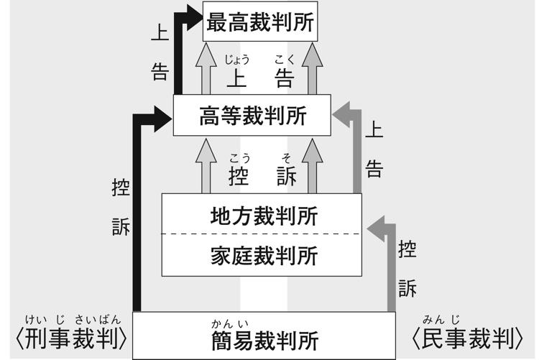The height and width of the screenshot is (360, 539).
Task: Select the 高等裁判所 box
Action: tap(252, 115)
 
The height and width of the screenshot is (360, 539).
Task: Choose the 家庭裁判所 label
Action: tap(264, 254)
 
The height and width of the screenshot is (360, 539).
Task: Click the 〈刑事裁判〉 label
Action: tap(70, 338)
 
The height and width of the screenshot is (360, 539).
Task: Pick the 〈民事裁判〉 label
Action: tap(467, 338)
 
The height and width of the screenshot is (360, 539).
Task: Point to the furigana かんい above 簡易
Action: tap(224, 323)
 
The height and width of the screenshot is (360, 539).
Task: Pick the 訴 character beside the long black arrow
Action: tap(121, 227)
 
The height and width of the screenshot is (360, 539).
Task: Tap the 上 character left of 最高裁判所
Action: tap(160, 32)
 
